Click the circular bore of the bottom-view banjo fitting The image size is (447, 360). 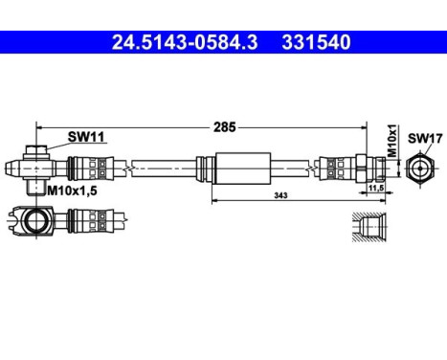37,223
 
